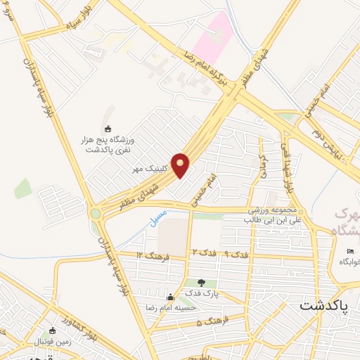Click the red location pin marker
(x=181, y=164)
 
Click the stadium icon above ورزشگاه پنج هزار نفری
(x=108, y=129)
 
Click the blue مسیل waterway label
(x=159, y=216)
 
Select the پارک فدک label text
(x=202, y=293)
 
